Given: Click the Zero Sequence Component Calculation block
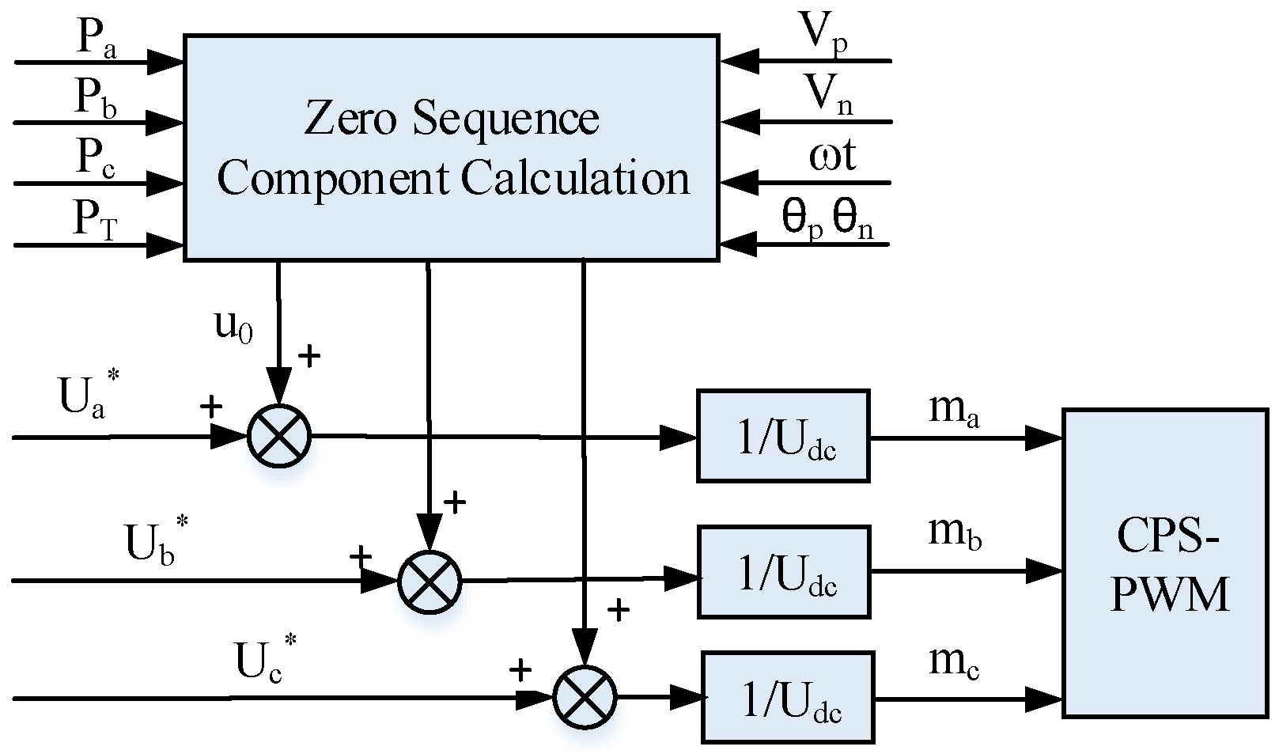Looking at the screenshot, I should (451, 147).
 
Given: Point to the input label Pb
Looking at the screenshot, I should (96, 101).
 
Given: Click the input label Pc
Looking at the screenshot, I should (96, 161).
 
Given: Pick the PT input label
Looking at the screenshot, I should (96, 222).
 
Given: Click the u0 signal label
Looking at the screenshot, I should (234, 326).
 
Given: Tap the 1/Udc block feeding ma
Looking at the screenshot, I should (782, 435).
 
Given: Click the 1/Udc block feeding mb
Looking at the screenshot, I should (782, 572).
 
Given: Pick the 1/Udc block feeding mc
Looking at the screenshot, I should (787, 697).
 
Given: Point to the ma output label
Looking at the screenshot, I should (953, 411).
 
